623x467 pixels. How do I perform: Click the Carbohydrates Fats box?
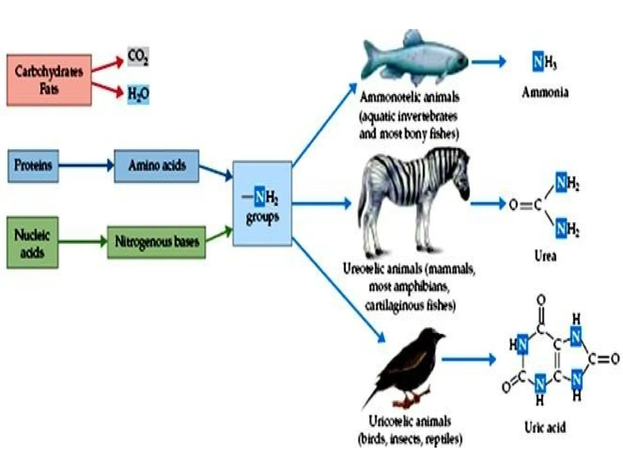coord(49,80)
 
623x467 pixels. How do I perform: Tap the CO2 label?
coord(138,57)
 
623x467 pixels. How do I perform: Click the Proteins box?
coord(33,166)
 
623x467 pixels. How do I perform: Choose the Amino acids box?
coord(156,166)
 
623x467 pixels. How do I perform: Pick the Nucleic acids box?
coord(32,243)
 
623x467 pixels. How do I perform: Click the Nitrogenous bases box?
coord(156,242)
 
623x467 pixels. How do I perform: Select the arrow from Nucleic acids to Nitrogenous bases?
coord(82,242)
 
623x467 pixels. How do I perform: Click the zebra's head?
coord(461,185)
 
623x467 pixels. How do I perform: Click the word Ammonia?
coord(545,92)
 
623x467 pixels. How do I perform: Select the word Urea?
coord(545,256)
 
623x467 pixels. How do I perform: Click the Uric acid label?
coord(545,427)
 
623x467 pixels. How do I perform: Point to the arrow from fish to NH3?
coord(488,62)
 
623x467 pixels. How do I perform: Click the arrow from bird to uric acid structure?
coord(468,359)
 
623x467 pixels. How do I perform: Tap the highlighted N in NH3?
coord(538,62)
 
